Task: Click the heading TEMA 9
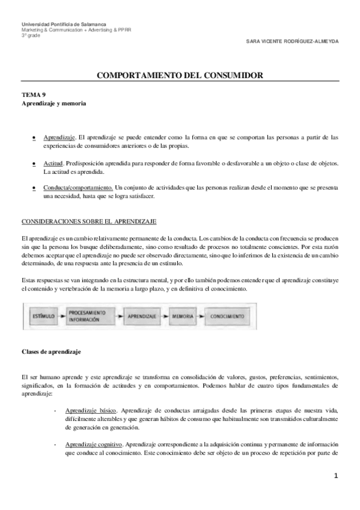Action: point(33,95)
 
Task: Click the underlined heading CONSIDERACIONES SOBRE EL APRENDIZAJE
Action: point(88,222)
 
